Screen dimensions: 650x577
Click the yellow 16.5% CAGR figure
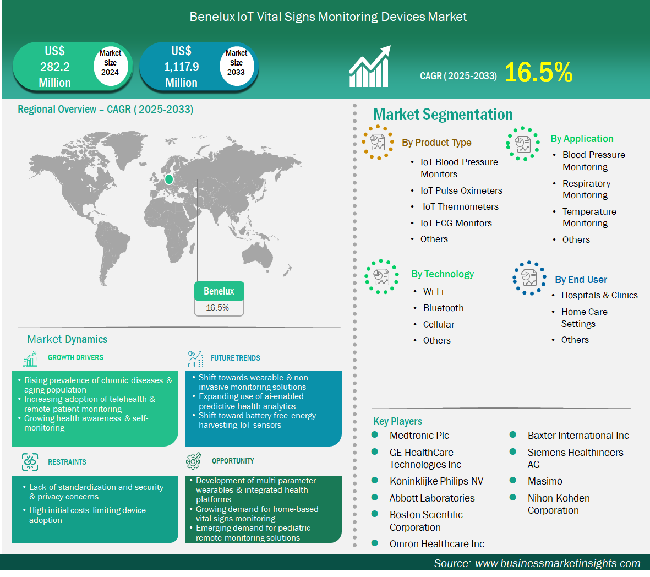click(538, 73)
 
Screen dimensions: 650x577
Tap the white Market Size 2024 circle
click(110, 63)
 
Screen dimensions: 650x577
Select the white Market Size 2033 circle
click(236, 63)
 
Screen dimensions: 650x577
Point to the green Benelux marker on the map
click(169, 179)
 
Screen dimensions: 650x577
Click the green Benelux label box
click(219, 291)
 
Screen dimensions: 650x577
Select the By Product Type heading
click(436, 143)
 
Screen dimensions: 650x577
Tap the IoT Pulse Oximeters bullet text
click(461, 191)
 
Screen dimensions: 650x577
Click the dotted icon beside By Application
click(523, 144)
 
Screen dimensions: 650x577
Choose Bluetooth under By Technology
click(443, 308)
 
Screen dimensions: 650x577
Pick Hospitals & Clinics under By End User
click(599, 295)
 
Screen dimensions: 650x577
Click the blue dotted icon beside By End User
click(529, 278)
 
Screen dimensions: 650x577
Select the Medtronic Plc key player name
click(419, 436)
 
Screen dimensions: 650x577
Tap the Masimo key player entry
click(545, 481)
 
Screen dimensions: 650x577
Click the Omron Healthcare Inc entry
click(436, 544)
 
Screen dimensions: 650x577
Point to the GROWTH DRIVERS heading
click(75, 357)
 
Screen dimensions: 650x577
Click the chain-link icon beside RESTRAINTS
click(30, 462)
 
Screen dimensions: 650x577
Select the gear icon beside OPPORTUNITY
click(194, 461)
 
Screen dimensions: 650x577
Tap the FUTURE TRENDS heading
click(236, 358)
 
